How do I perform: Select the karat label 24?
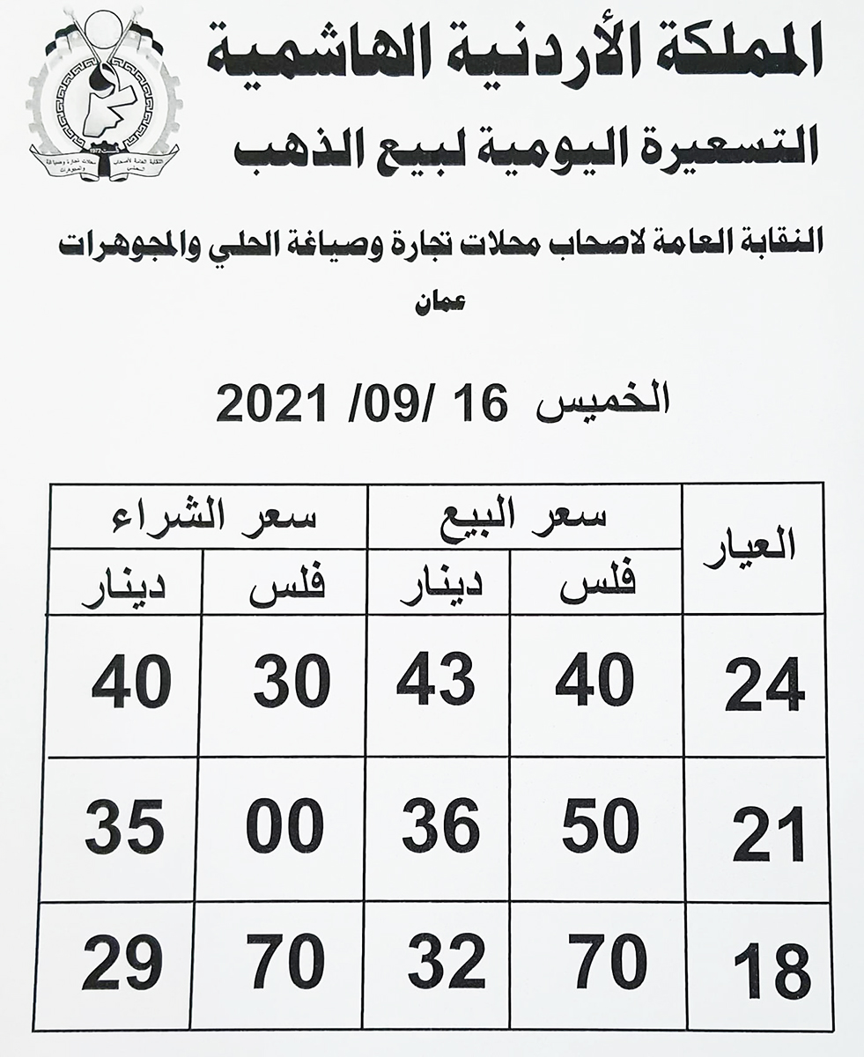click(x=764, y=686)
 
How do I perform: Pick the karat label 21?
click(x=768, y=833)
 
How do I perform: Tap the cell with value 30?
click(x=292, y=684)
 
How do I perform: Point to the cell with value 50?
click(x=598, y=827)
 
